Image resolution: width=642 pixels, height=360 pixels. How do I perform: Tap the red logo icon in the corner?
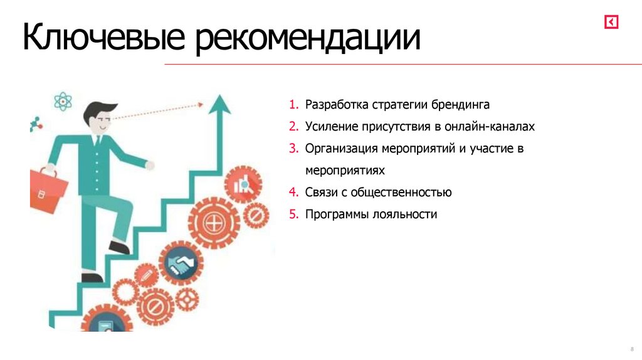click(611, 23)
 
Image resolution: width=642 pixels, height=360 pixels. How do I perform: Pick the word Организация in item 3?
click(342, 149)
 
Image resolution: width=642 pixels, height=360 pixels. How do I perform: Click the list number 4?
click(293, 192)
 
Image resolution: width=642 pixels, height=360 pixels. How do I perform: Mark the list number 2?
click(293, 126)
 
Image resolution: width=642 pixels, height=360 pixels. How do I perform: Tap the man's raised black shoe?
click(119, 247)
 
